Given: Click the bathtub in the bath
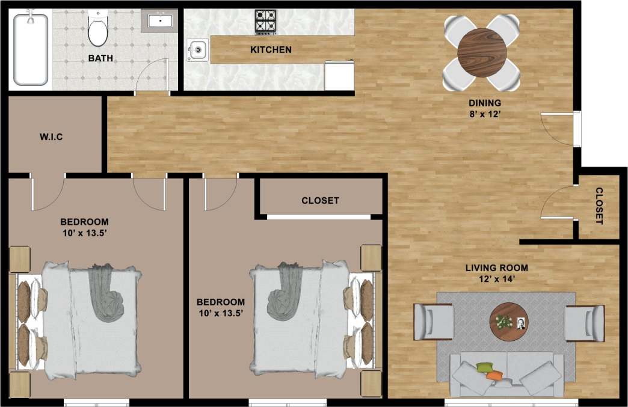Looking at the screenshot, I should tap(31, 49).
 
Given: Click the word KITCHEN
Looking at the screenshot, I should tap(271, 50).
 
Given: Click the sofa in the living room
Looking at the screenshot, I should tap(507, 372).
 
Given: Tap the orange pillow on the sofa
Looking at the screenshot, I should tap(494, 376).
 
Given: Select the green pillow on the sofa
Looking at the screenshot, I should tap(484, 367).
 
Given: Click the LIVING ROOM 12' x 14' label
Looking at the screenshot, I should tap(497, 273).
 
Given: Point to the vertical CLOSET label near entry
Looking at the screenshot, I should tap(599, 206).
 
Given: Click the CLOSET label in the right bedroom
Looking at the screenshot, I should tap(320, 200).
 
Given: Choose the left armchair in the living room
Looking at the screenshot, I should tap(433, 322).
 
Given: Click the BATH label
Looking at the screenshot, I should tap(100, 58).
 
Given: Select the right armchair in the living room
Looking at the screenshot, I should tap(584, 323).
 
